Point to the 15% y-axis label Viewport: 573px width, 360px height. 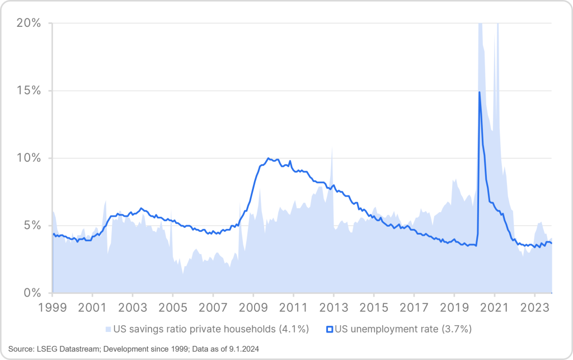pos(28,91)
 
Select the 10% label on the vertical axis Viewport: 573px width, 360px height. pos(28,158)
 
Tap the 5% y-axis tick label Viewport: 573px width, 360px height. pos(31,226)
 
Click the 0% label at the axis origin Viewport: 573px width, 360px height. pos(31,293)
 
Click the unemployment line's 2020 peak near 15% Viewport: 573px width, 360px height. pos(480,92)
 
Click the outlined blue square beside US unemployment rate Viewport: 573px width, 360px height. pos(330,329)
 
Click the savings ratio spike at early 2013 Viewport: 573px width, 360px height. pos(332,148)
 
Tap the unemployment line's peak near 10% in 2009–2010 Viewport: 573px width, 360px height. pos(269,158)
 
